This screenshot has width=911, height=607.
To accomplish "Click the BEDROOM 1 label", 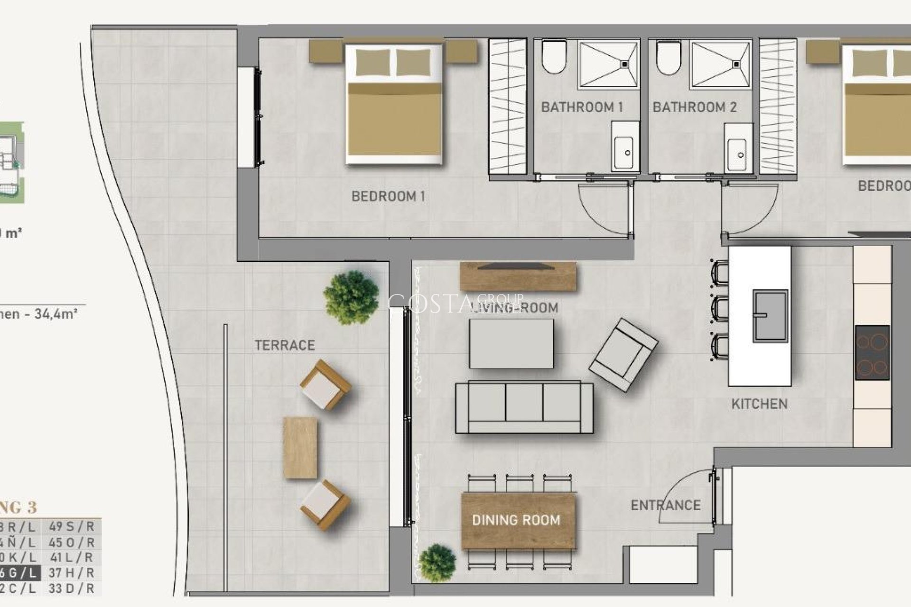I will point(388,196).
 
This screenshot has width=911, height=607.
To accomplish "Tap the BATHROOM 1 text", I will point(582,107).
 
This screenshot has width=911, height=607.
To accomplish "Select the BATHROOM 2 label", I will point(694,107).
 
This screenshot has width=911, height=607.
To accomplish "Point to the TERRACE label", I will point(285,345).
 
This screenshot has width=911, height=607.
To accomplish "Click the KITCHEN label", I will point(759,404).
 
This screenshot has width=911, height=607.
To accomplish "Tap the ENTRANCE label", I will point(665,506).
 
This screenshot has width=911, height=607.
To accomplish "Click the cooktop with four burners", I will point(872,352).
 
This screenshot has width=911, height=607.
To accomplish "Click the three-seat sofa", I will point(524,407).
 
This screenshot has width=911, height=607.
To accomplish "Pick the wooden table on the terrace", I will point(300,448).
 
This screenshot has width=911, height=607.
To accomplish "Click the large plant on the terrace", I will point(351,297).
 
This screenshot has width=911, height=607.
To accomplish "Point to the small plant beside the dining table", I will point(437,563).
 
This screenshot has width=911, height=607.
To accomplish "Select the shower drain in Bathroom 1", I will point(624,64).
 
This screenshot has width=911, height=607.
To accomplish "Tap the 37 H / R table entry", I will point(71,573).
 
